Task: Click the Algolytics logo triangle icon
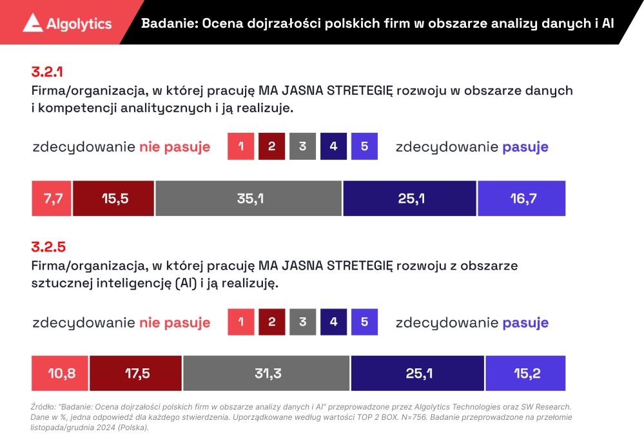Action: [x=33, y=23]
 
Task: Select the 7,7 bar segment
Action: [x=52, y=199]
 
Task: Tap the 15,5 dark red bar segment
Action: [x=113, y=199]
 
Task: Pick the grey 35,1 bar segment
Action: [x=249, y=199]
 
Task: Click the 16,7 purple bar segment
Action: [x=522, y=199]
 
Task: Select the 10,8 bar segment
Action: [x=61, y=373]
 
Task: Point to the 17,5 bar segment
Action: [x=136, y=373]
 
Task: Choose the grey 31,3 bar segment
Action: [x=267, y=373]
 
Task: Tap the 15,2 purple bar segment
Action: [x=525, y=373]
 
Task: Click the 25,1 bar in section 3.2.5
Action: [x=418, y=373]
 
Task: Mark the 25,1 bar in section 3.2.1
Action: [x=410, y=199]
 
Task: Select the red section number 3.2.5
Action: [x=48, y=246]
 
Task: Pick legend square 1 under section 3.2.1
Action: [x=241, y=146]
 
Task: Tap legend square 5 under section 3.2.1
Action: [x=364, y=146]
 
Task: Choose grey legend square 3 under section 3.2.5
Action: [x=302, y=322]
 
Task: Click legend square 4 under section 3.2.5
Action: [x=333, y=322]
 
